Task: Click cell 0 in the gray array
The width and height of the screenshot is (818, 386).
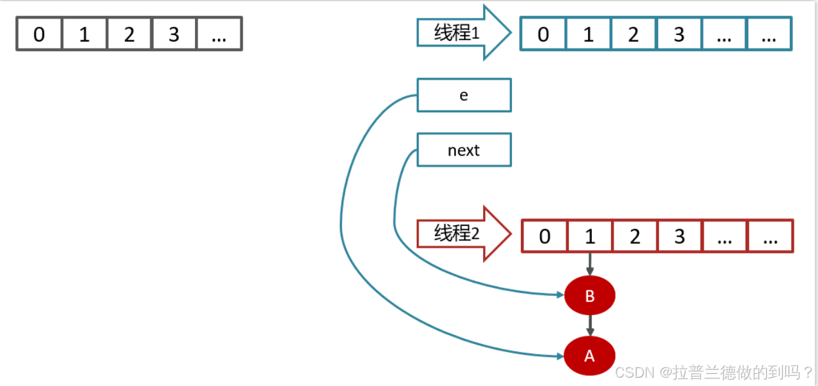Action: [x=39, y=34]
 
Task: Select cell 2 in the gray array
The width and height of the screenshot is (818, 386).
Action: [x=129, y=34]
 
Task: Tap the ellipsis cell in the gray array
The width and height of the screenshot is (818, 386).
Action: [x=219, y=34]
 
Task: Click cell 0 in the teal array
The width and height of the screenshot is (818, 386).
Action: [x=543, y=34]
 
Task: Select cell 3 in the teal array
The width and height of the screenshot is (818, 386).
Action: [x=679, y=34]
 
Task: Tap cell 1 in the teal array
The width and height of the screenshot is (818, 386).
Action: [x=589, y=34]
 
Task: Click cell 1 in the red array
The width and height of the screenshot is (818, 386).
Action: [x=590, y=237]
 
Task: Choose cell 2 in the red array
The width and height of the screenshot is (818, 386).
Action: [x=635, y=237]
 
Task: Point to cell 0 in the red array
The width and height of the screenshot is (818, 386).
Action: [x=544, y=237]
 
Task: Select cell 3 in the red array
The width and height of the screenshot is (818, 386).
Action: [x=679, y=237]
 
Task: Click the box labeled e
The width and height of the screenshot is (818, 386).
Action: [x=464, y=95]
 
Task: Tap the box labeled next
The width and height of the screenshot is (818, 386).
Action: [x=464, y=150]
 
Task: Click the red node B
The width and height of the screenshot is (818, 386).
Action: [x=590, y=296]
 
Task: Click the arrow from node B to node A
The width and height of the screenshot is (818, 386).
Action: [x=590, y=325]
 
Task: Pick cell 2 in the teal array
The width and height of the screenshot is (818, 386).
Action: [x=633, y=34]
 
